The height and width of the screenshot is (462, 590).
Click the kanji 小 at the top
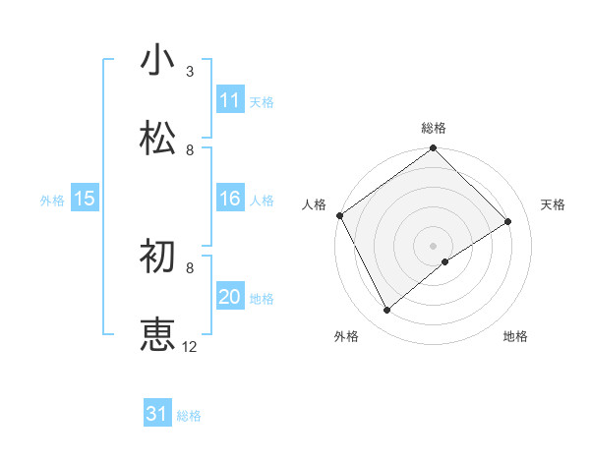[158, 60]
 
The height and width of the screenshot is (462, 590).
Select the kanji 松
[158, 139]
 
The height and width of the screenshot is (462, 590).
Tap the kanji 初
[158, 257]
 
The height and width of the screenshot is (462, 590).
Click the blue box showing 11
[230, 100]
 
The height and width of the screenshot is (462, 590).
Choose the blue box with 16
[230, 199]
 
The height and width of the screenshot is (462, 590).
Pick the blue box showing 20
[230, 297]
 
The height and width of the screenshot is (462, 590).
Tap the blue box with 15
[85, 199]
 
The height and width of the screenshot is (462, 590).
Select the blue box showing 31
[157, 414]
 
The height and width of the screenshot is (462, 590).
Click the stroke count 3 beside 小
[190, 72]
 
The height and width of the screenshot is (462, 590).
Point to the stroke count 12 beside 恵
[190, 347]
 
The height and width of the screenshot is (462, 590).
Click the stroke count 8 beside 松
[190, 150]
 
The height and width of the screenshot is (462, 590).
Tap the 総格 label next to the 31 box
[189, 416]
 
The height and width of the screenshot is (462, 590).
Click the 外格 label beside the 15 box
[52, 200]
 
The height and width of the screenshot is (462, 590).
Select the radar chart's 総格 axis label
[434, 128]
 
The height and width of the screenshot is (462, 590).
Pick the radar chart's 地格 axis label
[515, 336]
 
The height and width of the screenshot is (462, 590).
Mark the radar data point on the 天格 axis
[508, 222]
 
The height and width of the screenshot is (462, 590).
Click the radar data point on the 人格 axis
[339, 215]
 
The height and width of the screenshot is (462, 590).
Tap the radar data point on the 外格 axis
[387, 311]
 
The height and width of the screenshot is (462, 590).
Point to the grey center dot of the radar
[433, 245]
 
